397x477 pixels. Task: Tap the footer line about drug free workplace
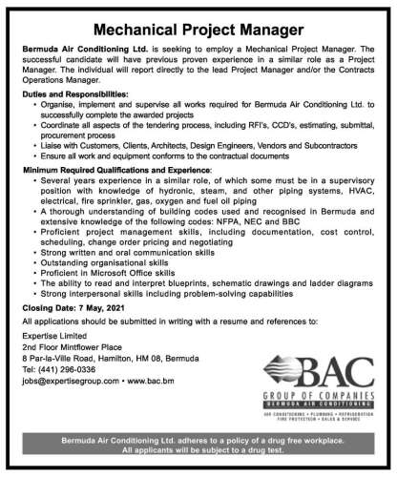point(198,455)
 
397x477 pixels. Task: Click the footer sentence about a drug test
point(198,466)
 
